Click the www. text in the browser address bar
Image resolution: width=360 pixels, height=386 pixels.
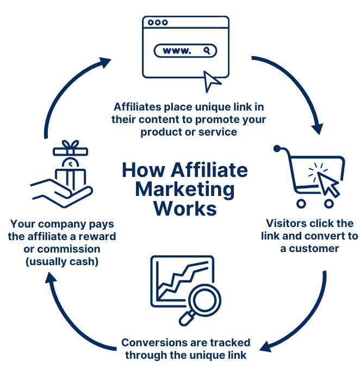click(177, 51)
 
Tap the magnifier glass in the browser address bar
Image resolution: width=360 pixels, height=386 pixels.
click(207, 51)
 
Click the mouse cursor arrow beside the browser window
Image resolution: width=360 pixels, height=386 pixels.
click(212, 81)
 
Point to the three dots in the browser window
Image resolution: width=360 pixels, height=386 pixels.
click(158, 23)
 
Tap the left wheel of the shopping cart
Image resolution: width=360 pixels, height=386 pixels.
click(301, 203)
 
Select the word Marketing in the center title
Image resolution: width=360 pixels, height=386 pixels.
click(185, 189)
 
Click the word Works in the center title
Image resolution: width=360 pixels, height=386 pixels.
click(185, 209)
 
